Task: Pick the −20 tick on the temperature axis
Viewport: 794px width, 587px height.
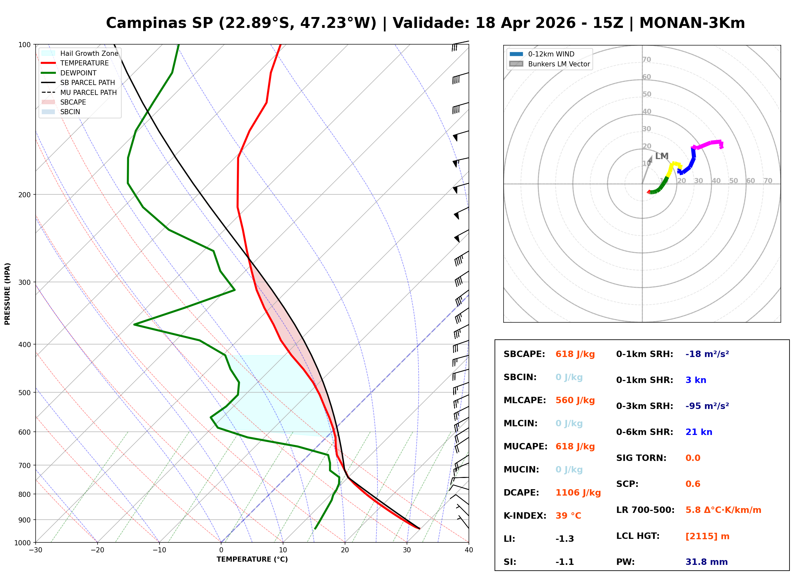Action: (97, 550)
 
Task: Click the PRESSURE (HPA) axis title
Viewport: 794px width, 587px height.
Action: (7, 294)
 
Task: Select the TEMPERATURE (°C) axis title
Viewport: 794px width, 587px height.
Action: (252, 559)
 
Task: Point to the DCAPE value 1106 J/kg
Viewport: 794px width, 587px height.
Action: (578, 493)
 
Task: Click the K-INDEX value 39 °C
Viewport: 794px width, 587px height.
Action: (568, 516)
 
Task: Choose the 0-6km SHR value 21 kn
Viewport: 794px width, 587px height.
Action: (698, 432)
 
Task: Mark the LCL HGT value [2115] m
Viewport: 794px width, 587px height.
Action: (707, 536)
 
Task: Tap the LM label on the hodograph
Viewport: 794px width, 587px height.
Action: (661, 156)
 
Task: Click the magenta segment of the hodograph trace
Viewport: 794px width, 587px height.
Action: (707, 144)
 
